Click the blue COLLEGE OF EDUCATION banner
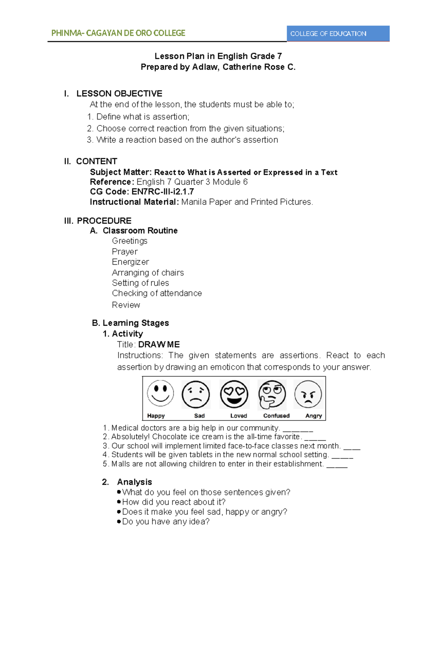[x=338, y=34]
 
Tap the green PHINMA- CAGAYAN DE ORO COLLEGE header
[x=118, y=33]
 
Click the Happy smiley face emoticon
[x=160, y=393]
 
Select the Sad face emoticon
[x=196, y=395]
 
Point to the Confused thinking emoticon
[x=272, y=395]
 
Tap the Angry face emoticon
[x=308, y=395]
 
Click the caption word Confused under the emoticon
[x=276, y=416]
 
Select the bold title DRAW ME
[x=159, y=345]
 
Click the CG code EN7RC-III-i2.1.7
[x=163, y=192]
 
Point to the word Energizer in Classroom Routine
[x=130, y=262]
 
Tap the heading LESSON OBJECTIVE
[x=119, y=94]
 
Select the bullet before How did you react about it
[x=119, y=502]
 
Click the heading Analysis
[x=134, y=482]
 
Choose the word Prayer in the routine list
[x=125, y=252]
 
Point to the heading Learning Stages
[x=135, y=323]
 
